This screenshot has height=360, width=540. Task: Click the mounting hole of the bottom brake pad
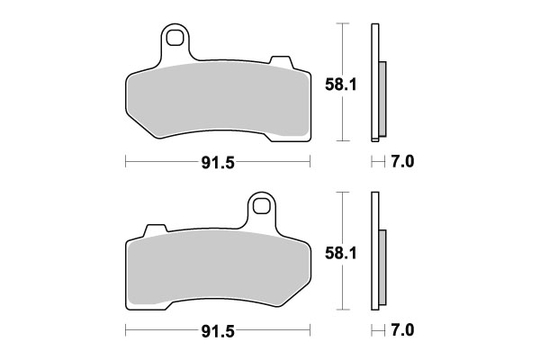coord(262,206)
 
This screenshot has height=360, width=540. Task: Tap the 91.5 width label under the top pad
coord(217,163)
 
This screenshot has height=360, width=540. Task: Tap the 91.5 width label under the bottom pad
coord(217,332)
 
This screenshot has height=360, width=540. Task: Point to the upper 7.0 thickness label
coord(400,163)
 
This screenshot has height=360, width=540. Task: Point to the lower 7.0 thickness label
coord(400,332)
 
